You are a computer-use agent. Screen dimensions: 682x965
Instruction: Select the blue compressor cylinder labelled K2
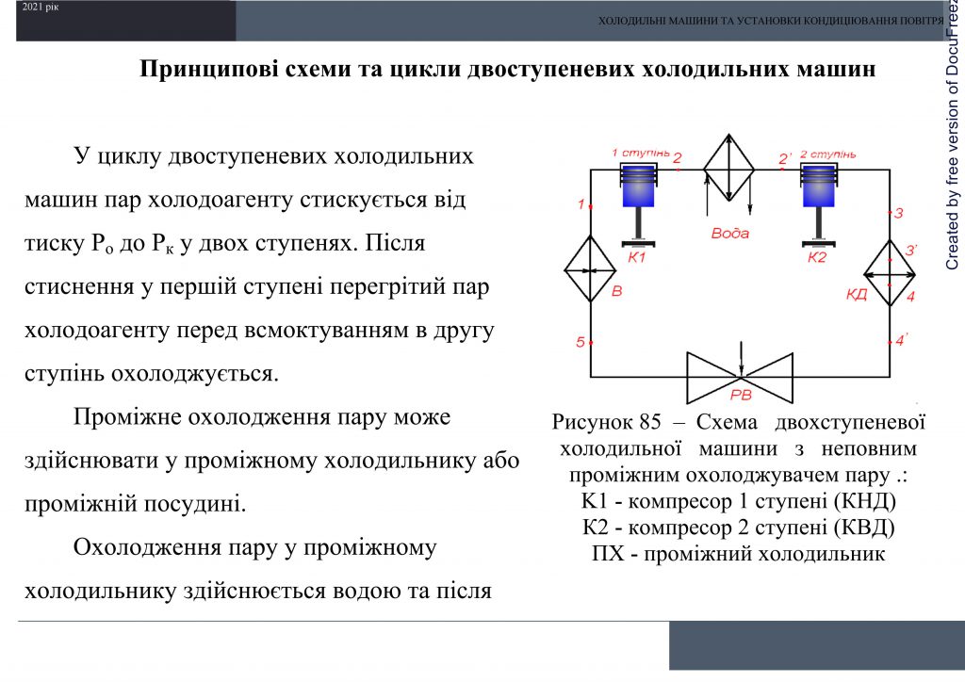click(817, 187)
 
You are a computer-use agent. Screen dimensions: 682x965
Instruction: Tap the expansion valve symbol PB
click(740, 376)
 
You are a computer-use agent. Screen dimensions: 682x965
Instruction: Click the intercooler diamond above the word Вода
click(730, 168)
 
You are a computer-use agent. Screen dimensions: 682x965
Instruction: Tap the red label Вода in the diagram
click(730, 233)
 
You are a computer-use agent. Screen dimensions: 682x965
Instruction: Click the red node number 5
click(581, 342)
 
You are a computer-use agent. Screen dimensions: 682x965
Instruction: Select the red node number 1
click(581, 203)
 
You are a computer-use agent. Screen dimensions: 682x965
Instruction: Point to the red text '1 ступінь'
click(640, 152)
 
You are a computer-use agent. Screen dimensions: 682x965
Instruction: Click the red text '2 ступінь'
click(826, 154)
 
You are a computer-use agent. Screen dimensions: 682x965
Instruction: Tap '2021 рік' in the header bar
click(41, 8)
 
